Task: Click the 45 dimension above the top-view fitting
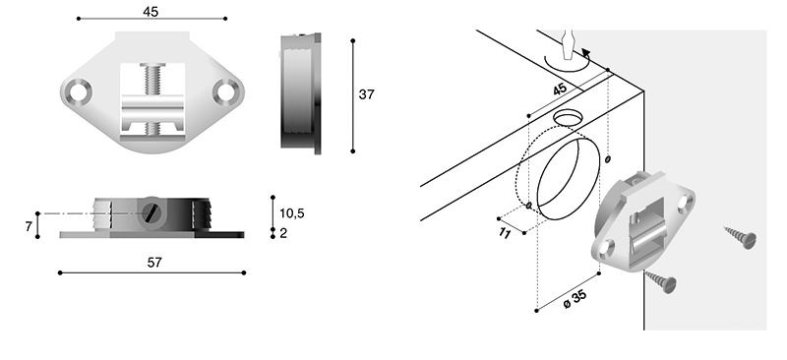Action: [x=151, y=12]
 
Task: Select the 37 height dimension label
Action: [x=366, y=94]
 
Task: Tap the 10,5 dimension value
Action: [x=291, y=213]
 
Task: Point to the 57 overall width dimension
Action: [x=154, y=262]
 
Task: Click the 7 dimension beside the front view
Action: [x=29, y=227]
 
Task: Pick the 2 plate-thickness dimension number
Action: [x=283, y=233]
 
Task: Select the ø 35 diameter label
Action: [x=575, y=299]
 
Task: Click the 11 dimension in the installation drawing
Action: [x=505, y=233]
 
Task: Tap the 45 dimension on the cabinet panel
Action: [x=560, y=90]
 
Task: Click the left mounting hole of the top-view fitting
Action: [x=78, y=92]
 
